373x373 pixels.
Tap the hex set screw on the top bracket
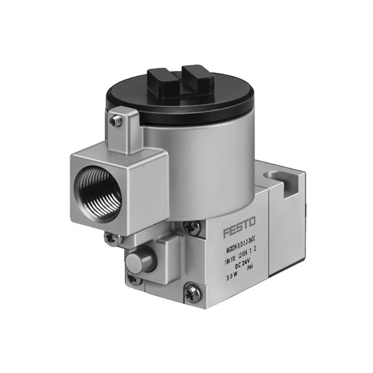tap(114, 122)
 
